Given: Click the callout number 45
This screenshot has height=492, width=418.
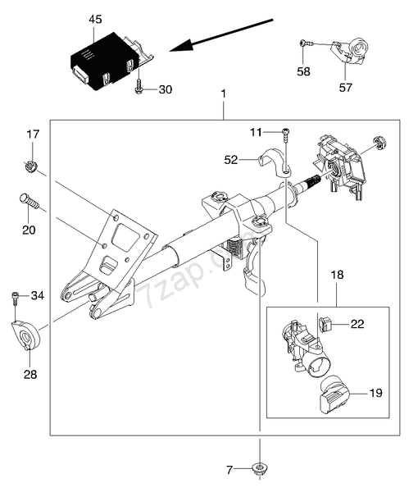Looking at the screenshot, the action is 95,20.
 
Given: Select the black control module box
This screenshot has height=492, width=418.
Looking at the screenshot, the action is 104,60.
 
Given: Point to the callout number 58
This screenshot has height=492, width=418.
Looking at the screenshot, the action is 303,71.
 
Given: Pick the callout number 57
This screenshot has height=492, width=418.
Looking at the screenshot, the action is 346,87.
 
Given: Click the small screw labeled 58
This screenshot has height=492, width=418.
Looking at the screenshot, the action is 306,43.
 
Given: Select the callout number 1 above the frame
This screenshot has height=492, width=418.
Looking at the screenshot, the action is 223,93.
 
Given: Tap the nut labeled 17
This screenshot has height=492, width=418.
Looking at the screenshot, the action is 30,165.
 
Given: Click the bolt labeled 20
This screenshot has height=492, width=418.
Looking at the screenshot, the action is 30,201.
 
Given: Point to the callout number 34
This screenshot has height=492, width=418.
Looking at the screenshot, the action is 38,295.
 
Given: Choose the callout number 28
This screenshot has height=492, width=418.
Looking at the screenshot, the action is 30,374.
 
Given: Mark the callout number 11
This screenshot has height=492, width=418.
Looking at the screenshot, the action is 256,132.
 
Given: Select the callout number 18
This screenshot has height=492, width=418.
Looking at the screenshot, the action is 337,275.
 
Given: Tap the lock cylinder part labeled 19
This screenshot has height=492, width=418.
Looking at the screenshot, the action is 334,396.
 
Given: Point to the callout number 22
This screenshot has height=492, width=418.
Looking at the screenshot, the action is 357,324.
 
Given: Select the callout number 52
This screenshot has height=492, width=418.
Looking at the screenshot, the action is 231,160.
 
